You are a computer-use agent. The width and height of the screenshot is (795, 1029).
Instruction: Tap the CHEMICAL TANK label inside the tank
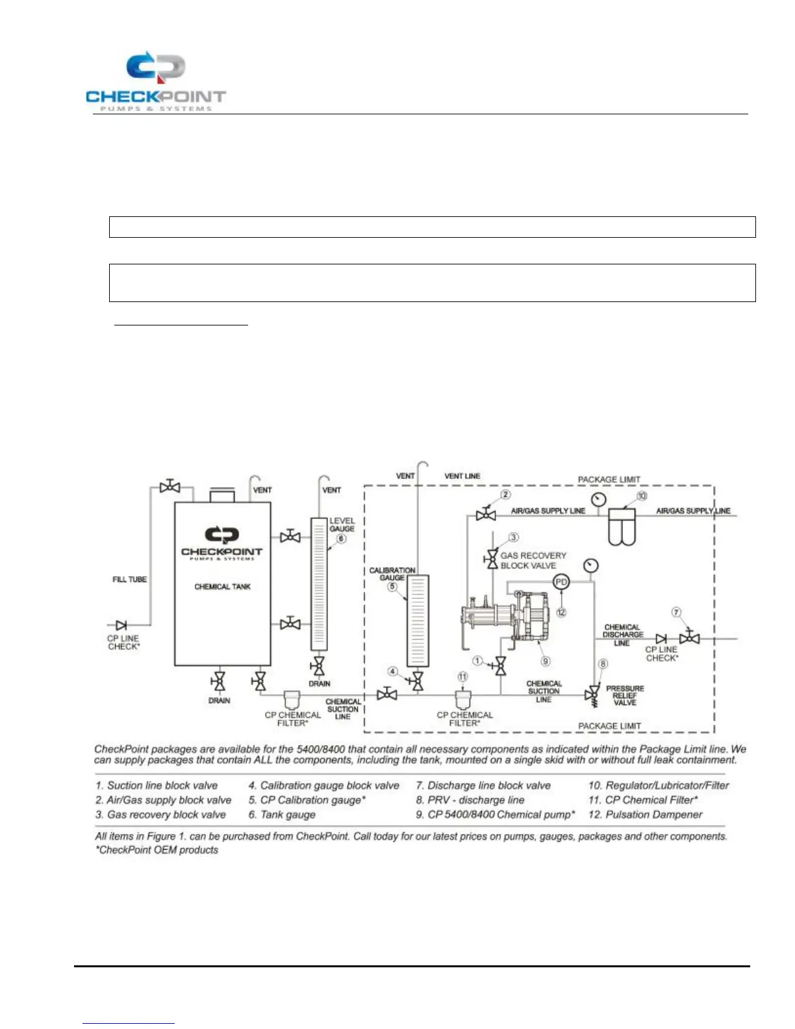click(x=222, y=587)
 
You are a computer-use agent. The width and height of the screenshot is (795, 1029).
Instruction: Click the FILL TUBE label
click(x=129, y=579)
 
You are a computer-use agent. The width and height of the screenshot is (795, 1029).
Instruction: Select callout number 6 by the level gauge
click(x=342, y=539)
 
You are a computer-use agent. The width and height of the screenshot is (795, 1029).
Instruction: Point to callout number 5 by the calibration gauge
click(x=392, y=587)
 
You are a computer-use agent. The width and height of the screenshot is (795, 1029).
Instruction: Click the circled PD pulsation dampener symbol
click(x=561, y=582)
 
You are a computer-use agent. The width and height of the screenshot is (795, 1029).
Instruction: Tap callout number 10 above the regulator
click(x=642, y=496)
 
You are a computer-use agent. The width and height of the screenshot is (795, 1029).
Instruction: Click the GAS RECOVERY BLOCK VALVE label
click(x=533, y=561)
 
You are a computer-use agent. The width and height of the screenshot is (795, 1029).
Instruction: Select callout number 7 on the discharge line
click(x=676, y=613)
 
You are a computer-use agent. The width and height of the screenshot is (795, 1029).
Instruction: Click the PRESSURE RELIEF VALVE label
click(x=625, y=695)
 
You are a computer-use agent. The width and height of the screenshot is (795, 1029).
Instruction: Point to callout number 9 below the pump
click(x=546, y=661)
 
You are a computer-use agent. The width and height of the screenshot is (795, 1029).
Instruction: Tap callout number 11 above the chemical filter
click(x=462, y=677)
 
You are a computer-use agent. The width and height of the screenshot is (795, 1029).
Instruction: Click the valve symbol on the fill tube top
click(x=170, y=487)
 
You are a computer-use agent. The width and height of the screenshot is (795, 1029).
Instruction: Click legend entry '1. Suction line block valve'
click(x=157, y=785)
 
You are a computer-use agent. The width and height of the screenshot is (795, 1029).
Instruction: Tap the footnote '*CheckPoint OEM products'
click(x=157, y=850)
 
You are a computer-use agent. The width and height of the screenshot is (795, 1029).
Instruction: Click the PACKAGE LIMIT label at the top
click(x=609, y=479)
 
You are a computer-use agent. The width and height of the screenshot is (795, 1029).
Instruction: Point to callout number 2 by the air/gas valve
click(x=506, y=495)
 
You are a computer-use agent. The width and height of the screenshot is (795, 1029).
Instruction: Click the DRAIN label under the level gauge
click(x=319, y=683)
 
